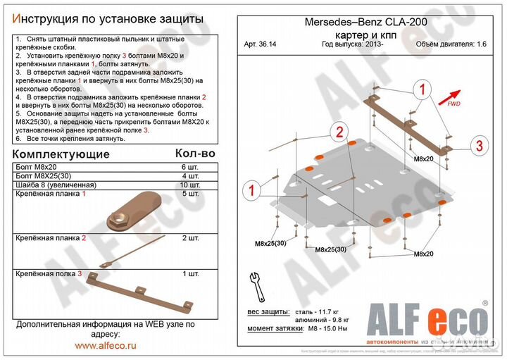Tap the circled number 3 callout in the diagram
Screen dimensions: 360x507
tap(479, 146)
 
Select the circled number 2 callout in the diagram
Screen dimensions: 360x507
tap(339, 132)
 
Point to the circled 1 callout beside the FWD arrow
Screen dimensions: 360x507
tap(423, 89)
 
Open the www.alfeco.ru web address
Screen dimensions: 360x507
tap(106, 346)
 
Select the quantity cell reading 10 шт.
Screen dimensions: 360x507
tap(189, 184)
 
